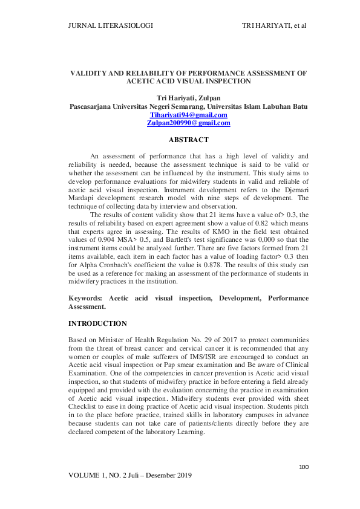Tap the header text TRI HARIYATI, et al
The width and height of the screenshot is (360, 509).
pyautogui.click(x=273, y=25)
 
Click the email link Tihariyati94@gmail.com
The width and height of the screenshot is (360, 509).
pyautogui.click(x=188, y=115)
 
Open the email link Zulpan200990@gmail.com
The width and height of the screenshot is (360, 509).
pyautogui.click(x=188, y=123)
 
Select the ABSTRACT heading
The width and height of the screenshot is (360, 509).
pyautogui.click(x=188, y=140)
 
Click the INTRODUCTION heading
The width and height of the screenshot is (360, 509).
pyautogui.click(x=97, y=324)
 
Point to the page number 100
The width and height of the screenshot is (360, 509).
pyautogui.click(x=304, y=467)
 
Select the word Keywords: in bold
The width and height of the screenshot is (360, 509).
pyautogui.click(x=87, y=299)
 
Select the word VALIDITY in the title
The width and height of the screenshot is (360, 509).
pyautogui.click(x=89, y=73)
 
